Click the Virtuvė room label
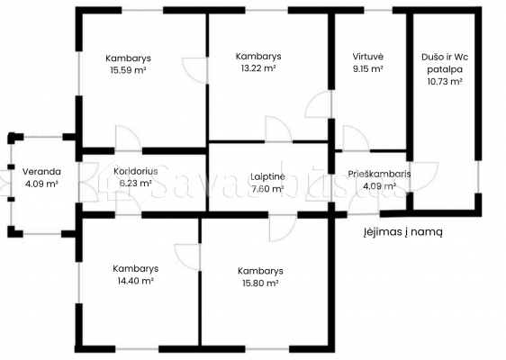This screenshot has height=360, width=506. click(368, 57)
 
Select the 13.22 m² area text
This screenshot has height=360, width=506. click(258, 68)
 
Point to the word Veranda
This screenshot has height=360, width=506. click(41, 171)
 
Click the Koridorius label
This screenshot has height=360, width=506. click(136, 171)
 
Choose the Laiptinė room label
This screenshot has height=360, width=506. click(267, 176)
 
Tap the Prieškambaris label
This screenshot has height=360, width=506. click(379, 175)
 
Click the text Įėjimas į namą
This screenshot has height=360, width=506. click(403, 231)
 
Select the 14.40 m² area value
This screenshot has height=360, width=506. click(136, 281)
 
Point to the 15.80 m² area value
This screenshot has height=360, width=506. click(260, 283)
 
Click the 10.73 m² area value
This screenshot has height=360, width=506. click(445, 81)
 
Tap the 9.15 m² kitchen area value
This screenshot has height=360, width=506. click(368, 68)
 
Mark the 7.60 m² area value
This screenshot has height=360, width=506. click(267, 189)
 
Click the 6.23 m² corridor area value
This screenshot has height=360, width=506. click(136, 184)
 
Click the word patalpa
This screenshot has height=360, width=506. click(445, 69)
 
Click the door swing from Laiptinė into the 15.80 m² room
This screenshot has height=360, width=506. click(283, 229)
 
